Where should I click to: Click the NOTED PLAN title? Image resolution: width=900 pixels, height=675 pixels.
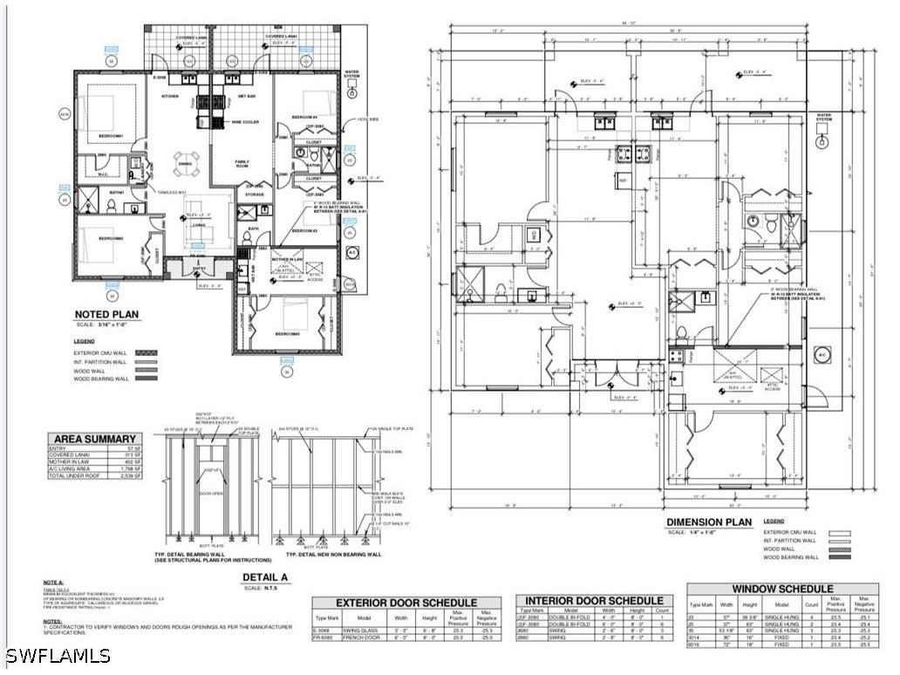click(x=107, y=315)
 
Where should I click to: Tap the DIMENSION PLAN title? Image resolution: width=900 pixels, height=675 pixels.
click(x=708, y=522)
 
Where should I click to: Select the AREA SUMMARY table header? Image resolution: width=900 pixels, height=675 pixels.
click(x=95, y=439)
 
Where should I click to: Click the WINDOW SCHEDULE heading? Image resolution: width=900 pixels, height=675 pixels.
click(x=782, y=590)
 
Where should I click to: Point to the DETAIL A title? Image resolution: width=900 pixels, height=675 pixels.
click(x=266, y=576)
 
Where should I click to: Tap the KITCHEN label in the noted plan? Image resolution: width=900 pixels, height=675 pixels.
click(x=170, y=96)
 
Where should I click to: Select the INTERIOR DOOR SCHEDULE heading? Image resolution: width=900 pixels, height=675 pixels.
click(x=594, y=601)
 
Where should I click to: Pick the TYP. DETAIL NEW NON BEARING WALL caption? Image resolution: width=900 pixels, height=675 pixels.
click(x=333, y=554)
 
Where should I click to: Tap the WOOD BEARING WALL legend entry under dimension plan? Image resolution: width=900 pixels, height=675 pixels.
click(x=791, y=556)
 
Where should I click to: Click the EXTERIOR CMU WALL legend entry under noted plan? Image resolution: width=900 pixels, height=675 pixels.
click(x=100, y=354)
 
